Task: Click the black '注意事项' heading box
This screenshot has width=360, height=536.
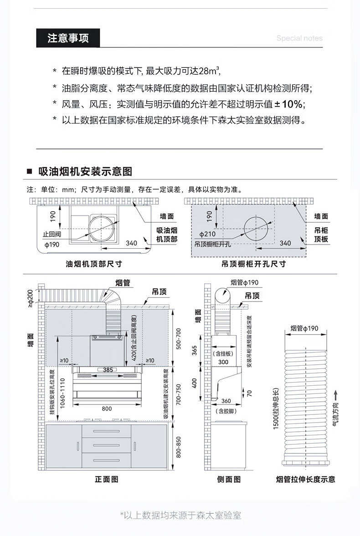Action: pos(68,38)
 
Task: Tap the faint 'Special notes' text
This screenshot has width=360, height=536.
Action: pos(299,38)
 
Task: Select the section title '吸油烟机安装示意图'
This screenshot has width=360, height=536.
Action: pos(85,172)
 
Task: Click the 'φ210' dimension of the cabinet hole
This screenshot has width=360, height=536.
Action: pos(207,234)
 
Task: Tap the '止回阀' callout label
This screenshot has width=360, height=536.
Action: pos(52,235)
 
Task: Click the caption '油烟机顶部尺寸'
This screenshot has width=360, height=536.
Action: pos(94,264)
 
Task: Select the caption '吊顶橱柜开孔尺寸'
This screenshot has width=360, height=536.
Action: pos(254,264)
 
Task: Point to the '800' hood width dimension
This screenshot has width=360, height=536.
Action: pos(107,408)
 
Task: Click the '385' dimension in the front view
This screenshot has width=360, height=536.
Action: pos(108,370)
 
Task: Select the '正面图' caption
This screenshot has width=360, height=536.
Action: pos(107,479)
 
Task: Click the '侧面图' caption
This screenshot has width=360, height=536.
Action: pos(229,479)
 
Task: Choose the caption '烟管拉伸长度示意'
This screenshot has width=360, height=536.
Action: pos(305,479)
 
